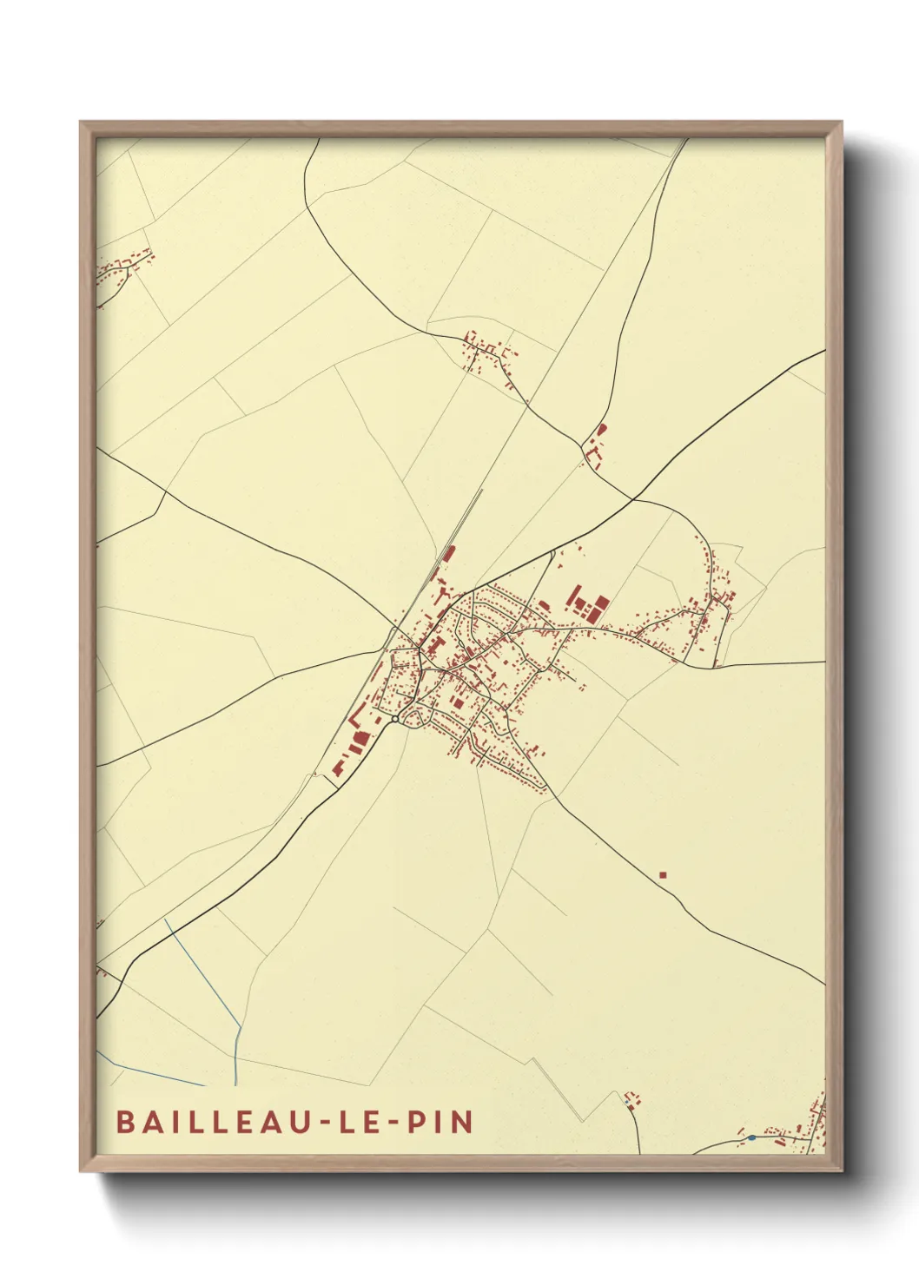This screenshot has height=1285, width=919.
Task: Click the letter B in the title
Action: [124, 1121]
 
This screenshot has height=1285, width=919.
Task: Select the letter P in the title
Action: [417, 1121]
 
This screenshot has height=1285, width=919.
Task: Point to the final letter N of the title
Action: [463, 1121]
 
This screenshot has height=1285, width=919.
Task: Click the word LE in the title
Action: [360, 1121]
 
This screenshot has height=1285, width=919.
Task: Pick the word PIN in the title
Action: [440, 1121]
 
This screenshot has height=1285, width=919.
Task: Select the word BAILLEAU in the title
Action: [214, 1121]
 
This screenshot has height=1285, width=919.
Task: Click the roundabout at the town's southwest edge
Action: [395, 719]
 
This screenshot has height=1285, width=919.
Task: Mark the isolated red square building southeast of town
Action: [663, 874]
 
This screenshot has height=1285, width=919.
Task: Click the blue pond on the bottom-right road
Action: [751, 1137]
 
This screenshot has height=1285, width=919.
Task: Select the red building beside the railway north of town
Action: [448, 554]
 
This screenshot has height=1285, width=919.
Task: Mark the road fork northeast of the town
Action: [634, 499]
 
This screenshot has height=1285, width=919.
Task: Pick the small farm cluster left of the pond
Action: [633, 1101]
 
